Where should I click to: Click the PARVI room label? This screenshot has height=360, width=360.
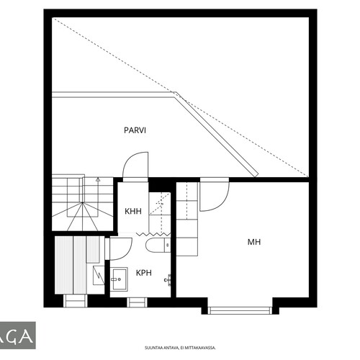point(135,130)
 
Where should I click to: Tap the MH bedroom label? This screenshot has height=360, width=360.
point(254,242)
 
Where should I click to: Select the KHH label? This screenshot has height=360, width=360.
point(133,211)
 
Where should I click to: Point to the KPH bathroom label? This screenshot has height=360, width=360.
point(144,273)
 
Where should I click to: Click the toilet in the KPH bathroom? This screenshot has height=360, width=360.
point(158,246)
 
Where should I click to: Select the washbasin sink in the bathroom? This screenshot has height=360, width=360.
point(119,279)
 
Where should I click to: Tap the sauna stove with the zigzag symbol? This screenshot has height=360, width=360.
point(99,275)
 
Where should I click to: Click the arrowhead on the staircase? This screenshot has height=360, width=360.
point(98,179)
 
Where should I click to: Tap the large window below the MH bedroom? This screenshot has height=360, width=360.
point(240,310)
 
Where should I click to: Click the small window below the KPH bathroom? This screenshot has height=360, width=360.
point(137,302)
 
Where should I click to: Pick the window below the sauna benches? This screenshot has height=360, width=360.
point(76,301)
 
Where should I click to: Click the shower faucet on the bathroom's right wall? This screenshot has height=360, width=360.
point(168,280)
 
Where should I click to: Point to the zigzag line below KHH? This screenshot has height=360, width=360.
point(153,234)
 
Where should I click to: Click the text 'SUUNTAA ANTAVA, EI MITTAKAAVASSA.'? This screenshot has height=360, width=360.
point(180,348)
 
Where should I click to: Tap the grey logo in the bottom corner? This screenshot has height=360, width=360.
point(18,336)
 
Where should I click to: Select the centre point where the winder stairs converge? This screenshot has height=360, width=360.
point(82,203)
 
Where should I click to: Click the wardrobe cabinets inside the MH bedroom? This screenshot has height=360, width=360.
point(187,219)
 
